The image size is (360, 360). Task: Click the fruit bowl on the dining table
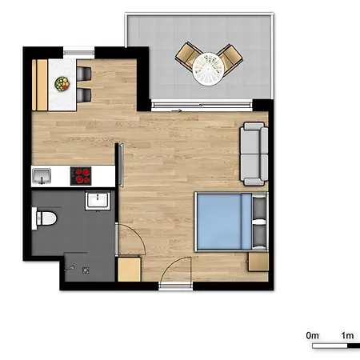click(x=62, y=84)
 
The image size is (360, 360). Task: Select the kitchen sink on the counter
click(x=42, y=176)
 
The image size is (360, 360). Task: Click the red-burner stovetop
click(x=81, y=176)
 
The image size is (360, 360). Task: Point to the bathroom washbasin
click(x=98, y=201)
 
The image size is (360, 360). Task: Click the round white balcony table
click(x=208, y=69)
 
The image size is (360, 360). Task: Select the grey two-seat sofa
click(x=254, y=154)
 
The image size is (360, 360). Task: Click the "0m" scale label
click(x=312, y=335)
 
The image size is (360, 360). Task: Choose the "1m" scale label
click(x=347, y=335)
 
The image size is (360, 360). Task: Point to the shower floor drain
click(x=86, y=270)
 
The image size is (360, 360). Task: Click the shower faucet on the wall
click(x=69, y=268)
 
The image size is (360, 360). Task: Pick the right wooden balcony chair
click(x=230, y=58)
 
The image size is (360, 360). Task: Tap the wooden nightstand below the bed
click(x=258, y=262)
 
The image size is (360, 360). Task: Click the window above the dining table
click(x=78, y=53)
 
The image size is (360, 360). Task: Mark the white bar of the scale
click(x=330, y=346)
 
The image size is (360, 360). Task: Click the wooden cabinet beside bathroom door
click(x=130, y=269)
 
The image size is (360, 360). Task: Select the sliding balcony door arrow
click(x=177, y=110)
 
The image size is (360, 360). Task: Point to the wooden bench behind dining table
click(x=40, y=85)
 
